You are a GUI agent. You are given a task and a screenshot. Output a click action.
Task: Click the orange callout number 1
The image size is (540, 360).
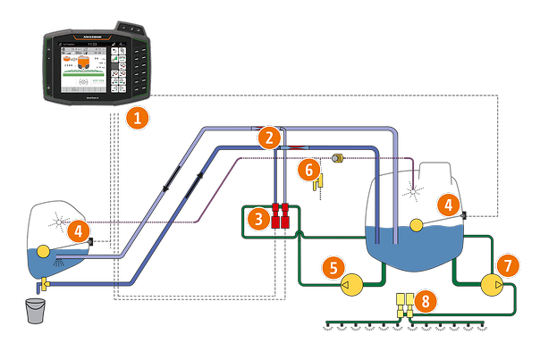click(x=135, y=116)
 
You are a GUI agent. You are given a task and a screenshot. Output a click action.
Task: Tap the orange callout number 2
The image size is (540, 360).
click(x=267, y=138)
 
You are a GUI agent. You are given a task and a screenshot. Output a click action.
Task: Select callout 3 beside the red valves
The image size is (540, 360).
click(x=258, y=217)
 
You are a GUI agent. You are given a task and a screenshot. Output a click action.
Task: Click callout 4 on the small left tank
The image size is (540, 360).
click(x=79, y=231)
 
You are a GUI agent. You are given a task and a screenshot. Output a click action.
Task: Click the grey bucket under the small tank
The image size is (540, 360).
click(x=36, y=312)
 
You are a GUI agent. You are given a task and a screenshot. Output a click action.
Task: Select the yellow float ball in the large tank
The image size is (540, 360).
click(x=416, y=225)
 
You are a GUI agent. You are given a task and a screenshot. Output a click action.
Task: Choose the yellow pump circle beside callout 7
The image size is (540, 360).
click(x=491, y=285)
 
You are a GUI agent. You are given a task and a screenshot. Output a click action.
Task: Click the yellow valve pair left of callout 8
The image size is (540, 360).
click(x=404, y=305)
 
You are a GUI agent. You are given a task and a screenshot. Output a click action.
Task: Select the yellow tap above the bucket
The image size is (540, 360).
click(x=42, y=284)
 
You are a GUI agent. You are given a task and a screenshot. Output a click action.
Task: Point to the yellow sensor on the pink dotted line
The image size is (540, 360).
click(x=338, y=158)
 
